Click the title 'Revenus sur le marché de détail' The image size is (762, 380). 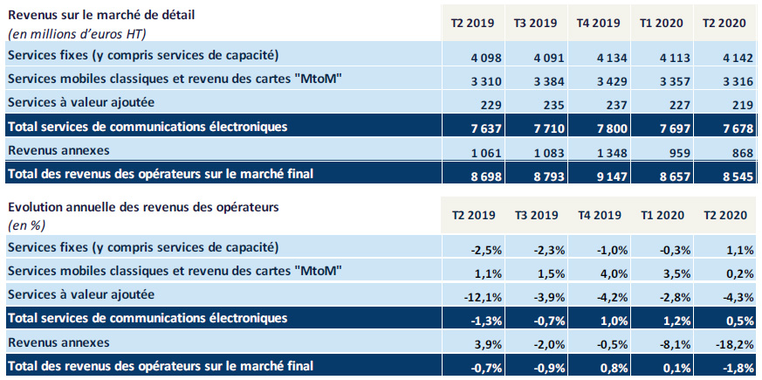pos(96,15)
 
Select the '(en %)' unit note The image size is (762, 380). pos(26,225)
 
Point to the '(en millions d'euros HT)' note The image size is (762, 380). pos(76,33)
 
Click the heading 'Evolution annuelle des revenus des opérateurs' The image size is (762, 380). pos(145,207)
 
